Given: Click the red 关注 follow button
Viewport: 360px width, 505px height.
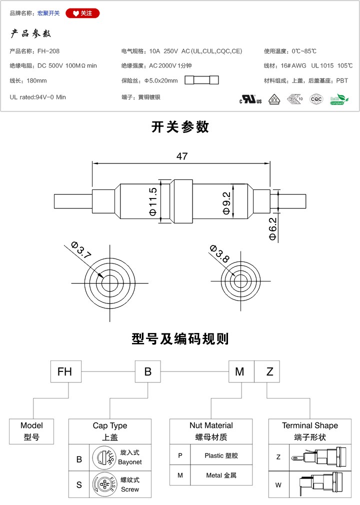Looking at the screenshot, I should pos(82,13).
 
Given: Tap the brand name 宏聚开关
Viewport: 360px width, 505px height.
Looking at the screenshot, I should pos(48,13).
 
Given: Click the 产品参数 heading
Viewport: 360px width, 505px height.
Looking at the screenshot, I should pos(31,34).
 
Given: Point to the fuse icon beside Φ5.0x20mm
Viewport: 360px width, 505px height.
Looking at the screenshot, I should pos(202,80).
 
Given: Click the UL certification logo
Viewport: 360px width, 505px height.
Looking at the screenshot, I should pos(250,99).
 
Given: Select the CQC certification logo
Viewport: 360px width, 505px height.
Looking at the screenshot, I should pos(316,99).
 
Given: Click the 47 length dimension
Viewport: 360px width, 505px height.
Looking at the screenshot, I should pos(181,156).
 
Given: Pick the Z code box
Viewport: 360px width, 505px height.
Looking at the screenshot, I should pos(270,372).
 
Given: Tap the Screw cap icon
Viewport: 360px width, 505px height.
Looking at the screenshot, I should pos(103,484).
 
